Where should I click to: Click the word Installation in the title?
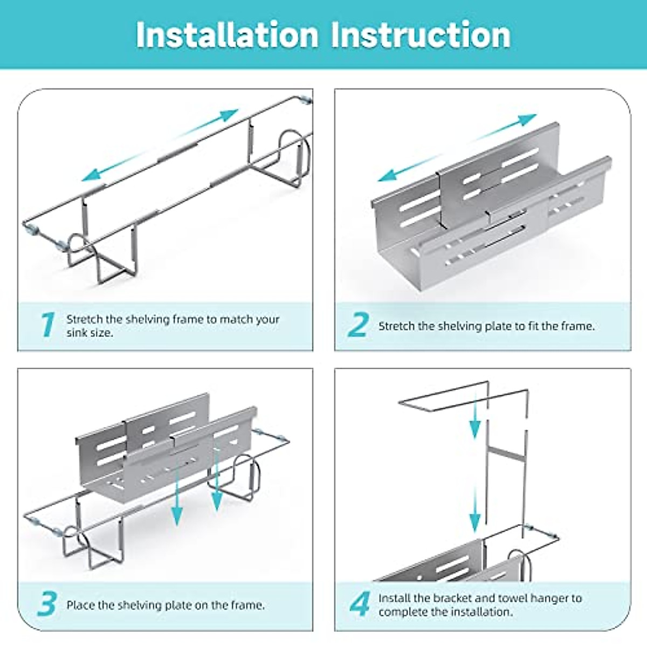coord(227,35)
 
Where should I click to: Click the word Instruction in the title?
coord(421,35)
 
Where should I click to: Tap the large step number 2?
coord(358,325)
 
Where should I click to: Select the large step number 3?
coord(47,604)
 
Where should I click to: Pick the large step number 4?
coord(359,604)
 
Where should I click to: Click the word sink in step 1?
coord(77,333)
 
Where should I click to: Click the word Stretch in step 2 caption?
coord(396,326)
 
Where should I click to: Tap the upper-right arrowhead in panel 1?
coord(229,114)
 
